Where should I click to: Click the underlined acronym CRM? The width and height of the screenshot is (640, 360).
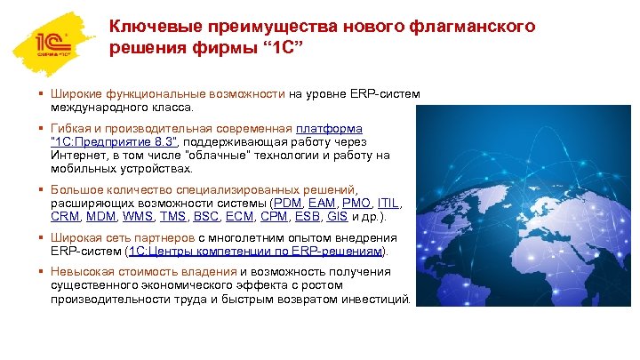tap(65, 216)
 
